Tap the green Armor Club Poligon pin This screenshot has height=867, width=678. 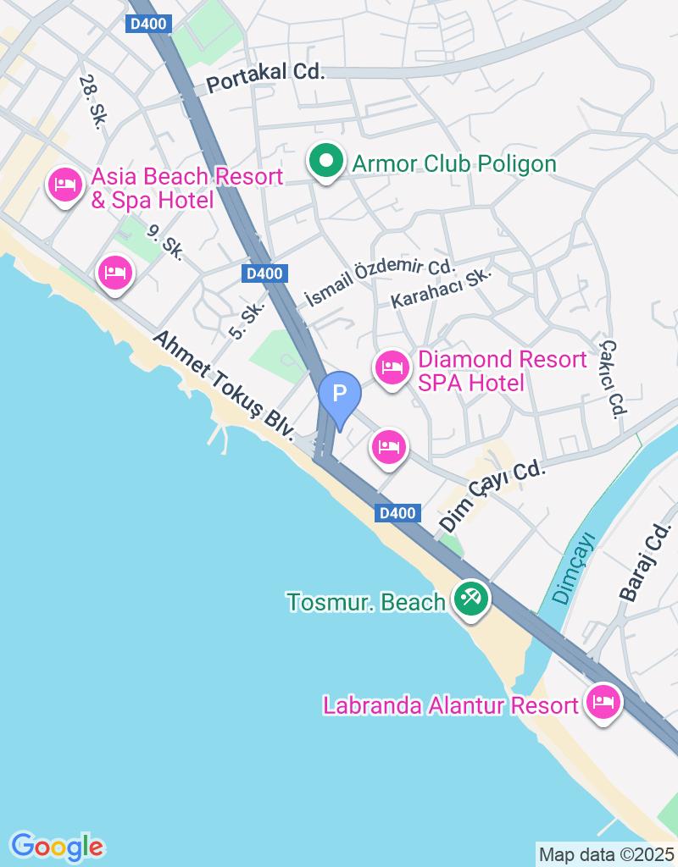tap(324, 162)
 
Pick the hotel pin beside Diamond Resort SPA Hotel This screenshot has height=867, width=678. tap(391, 367)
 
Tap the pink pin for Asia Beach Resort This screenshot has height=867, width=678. tap(65, 184)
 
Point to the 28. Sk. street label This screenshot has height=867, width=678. tap(92, 102)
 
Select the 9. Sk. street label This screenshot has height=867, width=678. tap(164, 241)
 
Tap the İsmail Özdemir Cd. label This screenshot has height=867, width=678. tap(380, 283)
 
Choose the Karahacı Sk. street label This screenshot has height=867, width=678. tap(441, 289)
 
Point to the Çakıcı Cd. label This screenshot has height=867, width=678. tap(612, 378)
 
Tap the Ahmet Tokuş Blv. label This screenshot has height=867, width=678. tap(224, 386)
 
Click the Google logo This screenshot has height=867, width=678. tap(57, 846)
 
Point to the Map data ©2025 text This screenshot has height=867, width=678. tap(607, 855)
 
